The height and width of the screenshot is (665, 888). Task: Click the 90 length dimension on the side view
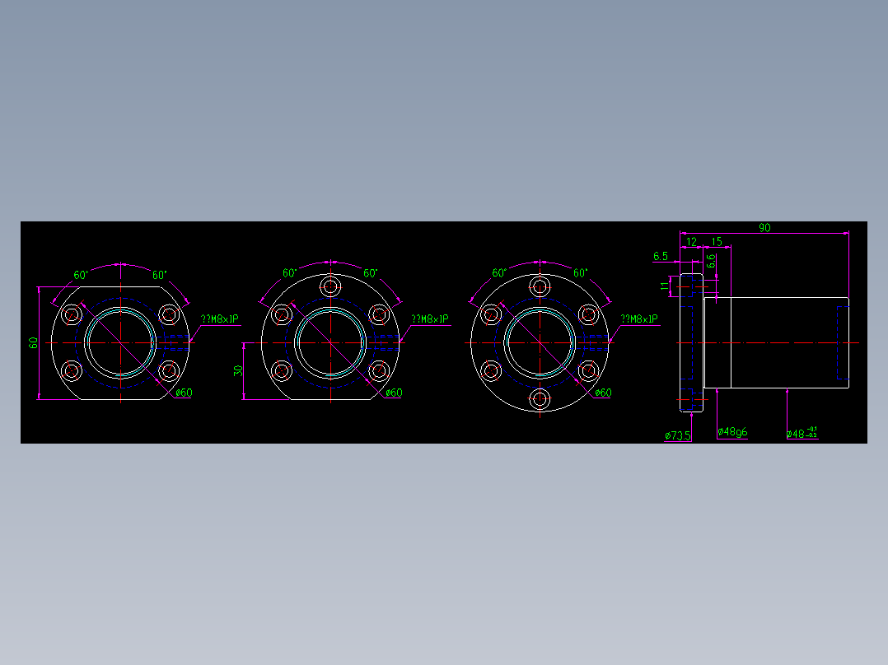tap(764, 228)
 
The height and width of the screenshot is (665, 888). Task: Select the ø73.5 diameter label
tap(678, 435)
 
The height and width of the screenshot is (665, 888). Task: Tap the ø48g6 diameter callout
tap(732, 432)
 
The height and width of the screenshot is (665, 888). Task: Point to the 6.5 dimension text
tap(660, 257)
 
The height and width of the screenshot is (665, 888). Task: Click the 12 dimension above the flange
tap(691, 241)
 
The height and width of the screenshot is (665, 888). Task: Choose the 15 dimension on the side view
tap(716, 241)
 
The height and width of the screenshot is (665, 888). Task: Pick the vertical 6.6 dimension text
tap(711, 263)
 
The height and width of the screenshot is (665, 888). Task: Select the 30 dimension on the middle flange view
tap(239, 370)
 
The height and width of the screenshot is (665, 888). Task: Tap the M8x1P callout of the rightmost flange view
tap(639, 319)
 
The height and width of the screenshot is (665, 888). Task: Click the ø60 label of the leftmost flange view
tap(184, 393)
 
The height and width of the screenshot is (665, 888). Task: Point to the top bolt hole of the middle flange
tap(331, 286)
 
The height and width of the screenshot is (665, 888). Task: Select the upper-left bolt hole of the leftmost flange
tap(72, 314)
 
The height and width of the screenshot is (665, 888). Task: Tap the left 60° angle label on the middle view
tap(290, 273)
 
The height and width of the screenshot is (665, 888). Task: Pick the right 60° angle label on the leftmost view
tap(159, 275)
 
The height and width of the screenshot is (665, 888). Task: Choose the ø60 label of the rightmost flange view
tap(603, 393)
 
